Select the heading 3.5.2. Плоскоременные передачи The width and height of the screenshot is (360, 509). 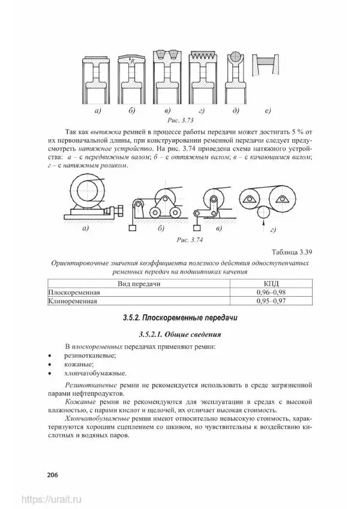pyautogui.click(x=180, y=317)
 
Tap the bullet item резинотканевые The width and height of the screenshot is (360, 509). pyautogui.click(x=90, y=355)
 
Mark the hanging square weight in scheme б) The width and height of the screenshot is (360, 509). pyautogui.click(x=131, y=228)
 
